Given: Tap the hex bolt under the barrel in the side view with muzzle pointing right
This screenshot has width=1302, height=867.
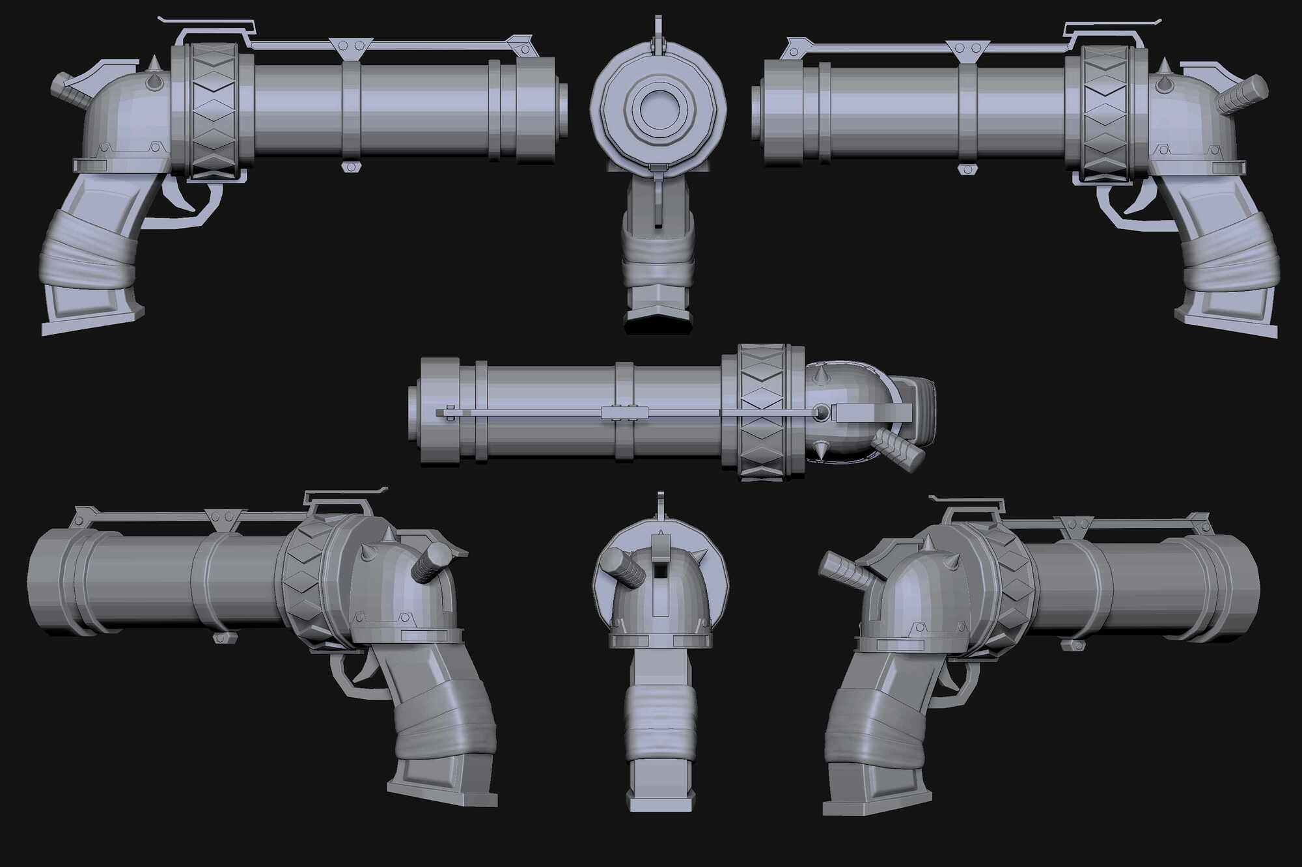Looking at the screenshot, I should (x=351, y=167).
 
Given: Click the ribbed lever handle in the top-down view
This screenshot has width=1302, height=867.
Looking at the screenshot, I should (x=899, y=450).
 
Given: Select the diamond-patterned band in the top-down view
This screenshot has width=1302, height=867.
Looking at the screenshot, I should (x=762, y=413).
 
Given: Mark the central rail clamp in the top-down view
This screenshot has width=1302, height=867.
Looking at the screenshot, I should (x=625, y=412).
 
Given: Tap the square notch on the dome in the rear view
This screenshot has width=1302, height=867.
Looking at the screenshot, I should (x=660, y=570).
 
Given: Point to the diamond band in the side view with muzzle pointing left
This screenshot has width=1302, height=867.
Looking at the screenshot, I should (x=1107, y=114).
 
